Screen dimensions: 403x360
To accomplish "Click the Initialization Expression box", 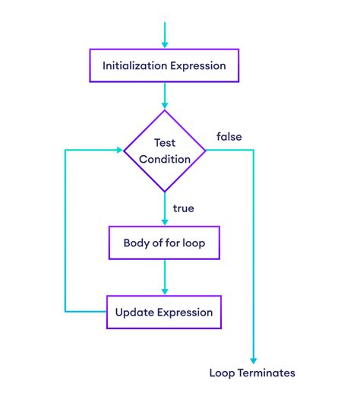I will coord(164,66).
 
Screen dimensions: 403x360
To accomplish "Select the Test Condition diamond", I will coord(165,150).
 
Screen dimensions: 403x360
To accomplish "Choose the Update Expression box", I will coord(164,312).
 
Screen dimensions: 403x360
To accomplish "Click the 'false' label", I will coord(229,136).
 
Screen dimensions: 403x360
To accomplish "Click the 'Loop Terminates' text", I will coord(252,373).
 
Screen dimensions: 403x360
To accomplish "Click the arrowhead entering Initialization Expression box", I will coord(164,46).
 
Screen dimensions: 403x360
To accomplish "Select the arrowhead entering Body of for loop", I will coord(164,222).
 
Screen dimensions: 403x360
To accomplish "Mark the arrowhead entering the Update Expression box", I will coord(164,290).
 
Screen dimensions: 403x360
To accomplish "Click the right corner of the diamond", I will coord(207,150).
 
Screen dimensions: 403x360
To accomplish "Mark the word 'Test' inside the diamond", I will coord(165,143).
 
